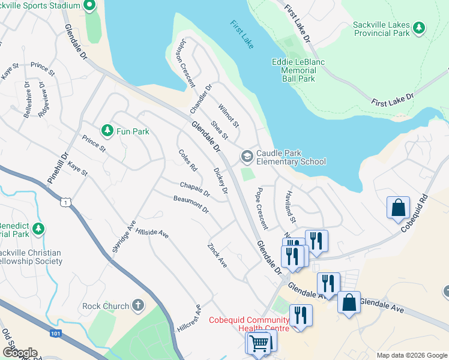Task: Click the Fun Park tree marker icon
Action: click(107, 130)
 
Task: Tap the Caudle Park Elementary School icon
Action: click(247, 157)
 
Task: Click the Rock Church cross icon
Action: click(139, 305)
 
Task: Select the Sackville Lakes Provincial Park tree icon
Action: click(419, 28)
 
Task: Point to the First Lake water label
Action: click(242, 35)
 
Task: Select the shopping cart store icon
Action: click(259, 344)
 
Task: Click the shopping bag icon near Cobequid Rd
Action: click(398, 208)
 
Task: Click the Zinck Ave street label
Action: click(217, 255)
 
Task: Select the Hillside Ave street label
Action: click(151, 232)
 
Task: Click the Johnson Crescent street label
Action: click(184, 63)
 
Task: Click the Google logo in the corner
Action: click(19, 353)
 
